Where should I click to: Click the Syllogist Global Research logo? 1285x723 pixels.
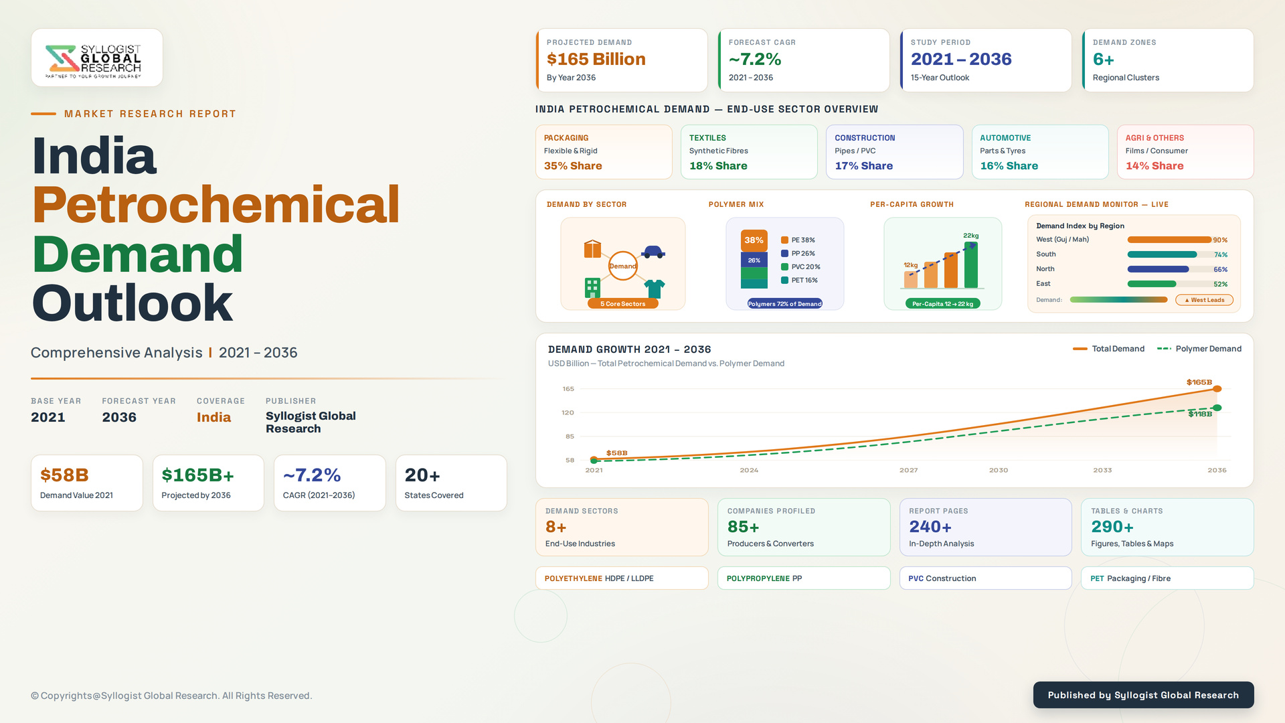pos(93,61)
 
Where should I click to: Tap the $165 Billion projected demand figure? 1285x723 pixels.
pos(596,59)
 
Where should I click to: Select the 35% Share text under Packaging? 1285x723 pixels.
pos(573,165)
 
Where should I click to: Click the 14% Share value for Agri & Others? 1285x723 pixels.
pos(1154,165)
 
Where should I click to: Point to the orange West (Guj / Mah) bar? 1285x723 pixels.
pos(1169,240)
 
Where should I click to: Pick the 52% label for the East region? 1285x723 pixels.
pos(1221,284)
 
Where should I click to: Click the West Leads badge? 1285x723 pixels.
pos(1204,300)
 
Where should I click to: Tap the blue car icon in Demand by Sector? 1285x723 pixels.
pos(653,252)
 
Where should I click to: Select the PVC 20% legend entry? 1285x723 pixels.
pos(800,266)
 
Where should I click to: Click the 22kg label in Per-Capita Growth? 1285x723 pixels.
pos(971,236)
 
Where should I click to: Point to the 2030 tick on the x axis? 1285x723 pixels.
pos(999,470)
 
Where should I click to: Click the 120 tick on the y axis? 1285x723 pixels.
pos(568,412)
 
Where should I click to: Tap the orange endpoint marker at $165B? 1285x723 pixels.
pos(1217,389)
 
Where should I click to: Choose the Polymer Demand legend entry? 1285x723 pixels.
pos(1199,349)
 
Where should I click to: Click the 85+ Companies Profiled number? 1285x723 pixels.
pos(743,527)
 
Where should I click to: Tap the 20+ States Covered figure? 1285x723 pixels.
pos(422,475)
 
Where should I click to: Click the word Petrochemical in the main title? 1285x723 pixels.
pos(216,204)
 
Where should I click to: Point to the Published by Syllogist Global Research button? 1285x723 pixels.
pos(1143,695)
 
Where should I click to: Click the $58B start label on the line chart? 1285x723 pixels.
pos(616,453)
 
